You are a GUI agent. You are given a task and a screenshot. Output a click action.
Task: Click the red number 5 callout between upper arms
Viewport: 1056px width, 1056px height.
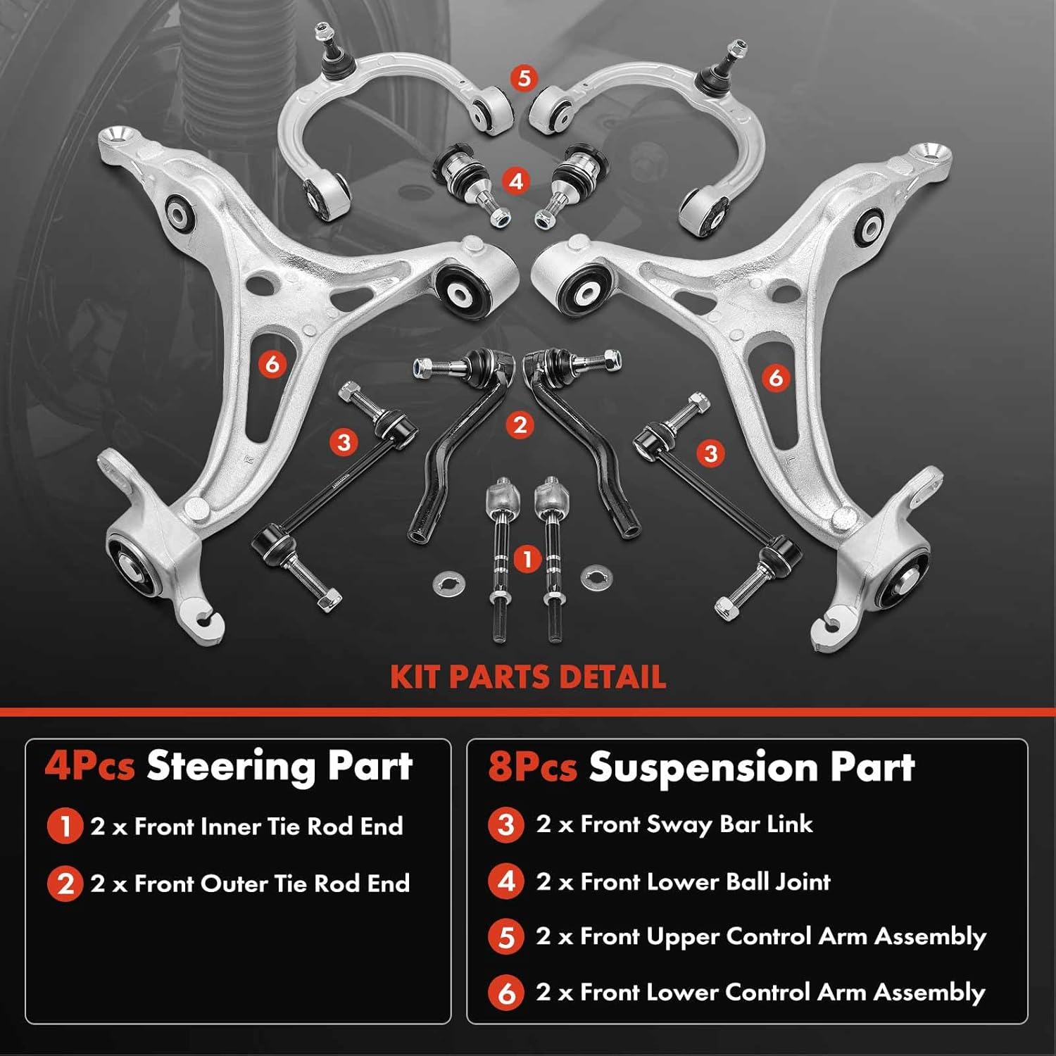pyautogui.click(x=523, y=77)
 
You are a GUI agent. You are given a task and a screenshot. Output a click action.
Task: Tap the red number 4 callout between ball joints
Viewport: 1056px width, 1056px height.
pyautogui.click(x=516, y=181)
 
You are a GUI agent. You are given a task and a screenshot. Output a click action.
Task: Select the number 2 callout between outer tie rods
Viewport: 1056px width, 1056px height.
pyautogui.click(x=520, y=425)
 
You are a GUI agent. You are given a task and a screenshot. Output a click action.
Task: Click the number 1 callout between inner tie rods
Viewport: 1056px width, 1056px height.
pyautogui.click(x=527, y=560)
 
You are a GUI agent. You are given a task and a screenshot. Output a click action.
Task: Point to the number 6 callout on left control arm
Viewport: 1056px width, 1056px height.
pyautogui.click(x=272, y=364)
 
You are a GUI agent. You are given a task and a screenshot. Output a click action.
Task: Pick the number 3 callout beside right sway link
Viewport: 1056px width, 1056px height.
pyautogui.click(x=710, y=453)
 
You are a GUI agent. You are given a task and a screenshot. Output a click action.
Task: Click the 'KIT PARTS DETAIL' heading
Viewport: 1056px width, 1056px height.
pyautogui.click(x=528, y=677)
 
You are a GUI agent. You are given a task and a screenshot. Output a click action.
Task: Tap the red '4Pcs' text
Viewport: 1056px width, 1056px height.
pyautogui.click(x=89, y=766)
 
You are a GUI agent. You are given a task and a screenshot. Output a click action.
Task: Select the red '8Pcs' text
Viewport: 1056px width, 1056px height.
pyautogui.click(x=533, y=767)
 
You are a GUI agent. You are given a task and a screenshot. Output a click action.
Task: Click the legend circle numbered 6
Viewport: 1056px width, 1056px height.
pyautogui.click(x=506, y=993)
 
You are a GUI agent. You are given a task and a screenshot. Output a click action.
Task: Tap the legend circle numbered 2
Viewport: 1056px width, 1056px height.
pyautogui.click(x=65, y=884)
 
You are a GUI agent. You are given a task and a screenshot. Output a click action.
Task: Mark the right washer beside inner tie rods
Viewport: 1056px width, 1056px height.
pyautogui.click(x=596, y=578)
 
